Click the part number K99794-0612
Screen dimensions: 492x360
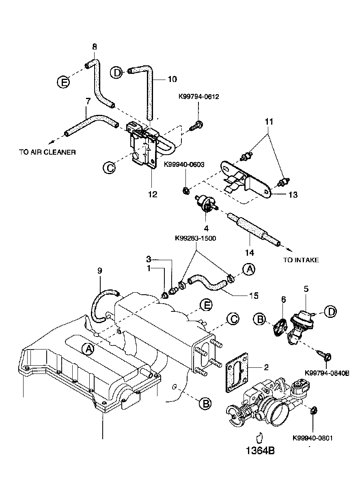click(198, 97)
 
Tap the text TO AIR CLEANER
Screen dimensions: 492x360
click(47, 152)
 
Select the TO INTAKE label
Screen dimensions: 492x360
click(301, 260)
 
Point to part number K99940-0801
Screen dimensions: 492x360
click(313, 438)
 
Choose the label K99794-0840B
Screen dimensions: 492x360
click(327, 372)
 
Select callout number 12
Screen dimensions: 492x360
click(152, 194)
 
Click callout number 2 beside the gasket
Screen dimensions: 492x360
click(266, 368)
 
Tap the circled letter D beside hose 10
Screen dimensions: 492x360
click(117, 73)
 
